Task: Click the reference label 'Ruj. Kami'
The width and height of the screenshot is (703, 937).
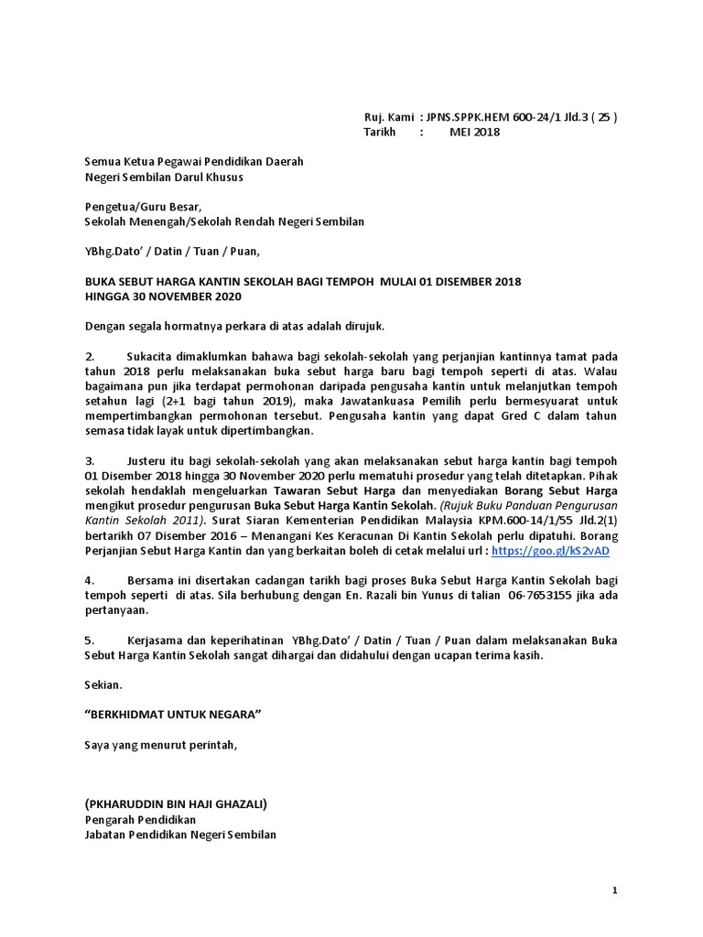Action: coord(389,117)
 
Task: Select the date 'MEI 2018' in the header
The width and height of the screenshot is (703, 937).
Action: coord(474,132)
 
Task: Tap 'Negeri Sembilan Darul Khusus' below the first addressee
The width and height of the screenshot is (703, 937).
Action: coord(164,177)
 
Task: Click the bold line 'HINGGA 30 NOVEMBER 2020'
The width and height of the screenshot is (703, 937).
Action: coord(164,296)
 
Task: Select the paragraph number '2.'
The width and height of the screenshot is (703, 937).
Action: coord(90,355)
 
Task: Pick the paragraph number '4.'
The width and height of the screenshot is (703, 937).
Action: coord(90,580)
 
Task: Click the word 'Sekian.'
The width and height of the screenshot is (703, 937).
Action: coord(103,684)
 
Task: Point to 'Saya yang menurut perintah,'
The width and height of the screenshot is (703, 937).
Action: coord(160,745)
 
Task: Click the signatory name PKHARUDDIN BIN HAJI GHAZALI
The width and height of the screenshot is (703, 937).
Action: coord(176,804)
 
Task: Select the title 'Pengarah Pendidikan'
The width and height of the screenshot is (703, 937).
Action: coord(140,820)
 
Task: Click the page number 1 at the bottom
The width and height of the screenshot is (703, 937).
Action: coord(615,890)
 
